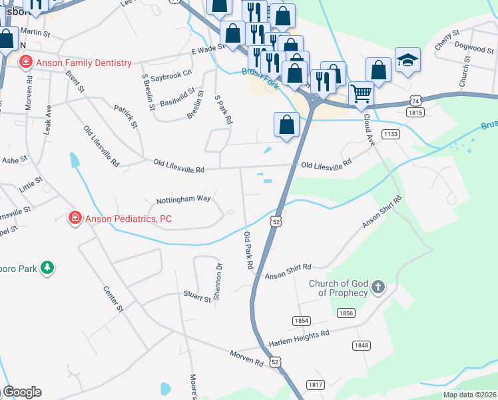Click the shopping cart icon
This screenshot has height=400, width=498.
point(360,93)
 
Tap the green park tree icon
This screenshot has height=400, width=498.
point(47,268)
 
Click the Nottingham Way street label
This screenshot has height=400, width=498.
point(183,199)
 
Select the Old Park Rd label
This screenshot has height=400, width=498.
point(249,250)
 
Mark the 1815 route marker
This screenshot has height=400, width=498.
point(415,113)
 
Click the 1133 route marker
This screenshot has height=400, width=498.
point(391,134)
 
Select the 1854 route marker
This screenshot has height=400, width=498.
point(302,321)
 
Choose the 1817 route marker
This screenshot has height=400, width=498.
point(316,385)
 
